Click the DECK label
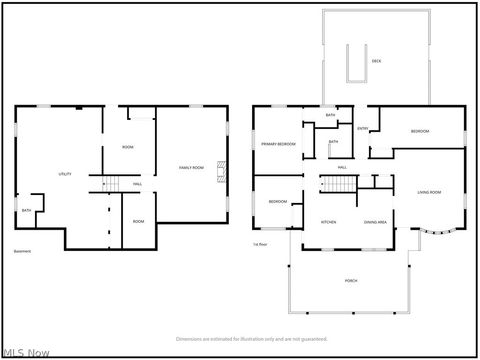pos(376,62)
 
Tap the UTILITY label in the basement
pos(64,173)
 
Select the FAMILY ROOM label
pos(191,166)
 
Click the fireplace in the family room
pos(223,173)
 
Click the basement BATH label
pos(26,210)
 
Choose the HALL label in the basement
pos(137,184)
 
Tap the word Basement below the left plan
pos(24,251)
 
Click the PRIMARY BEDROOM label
pos(279,145)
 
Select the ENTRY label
pos(363,128)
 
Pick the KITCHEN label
pos(328,221)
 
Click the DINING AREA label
pos(375,221)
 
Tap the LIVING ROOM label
pos(430,191)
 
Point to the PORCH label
pos(351,281)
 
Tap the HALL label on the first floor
pos(342,166)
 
